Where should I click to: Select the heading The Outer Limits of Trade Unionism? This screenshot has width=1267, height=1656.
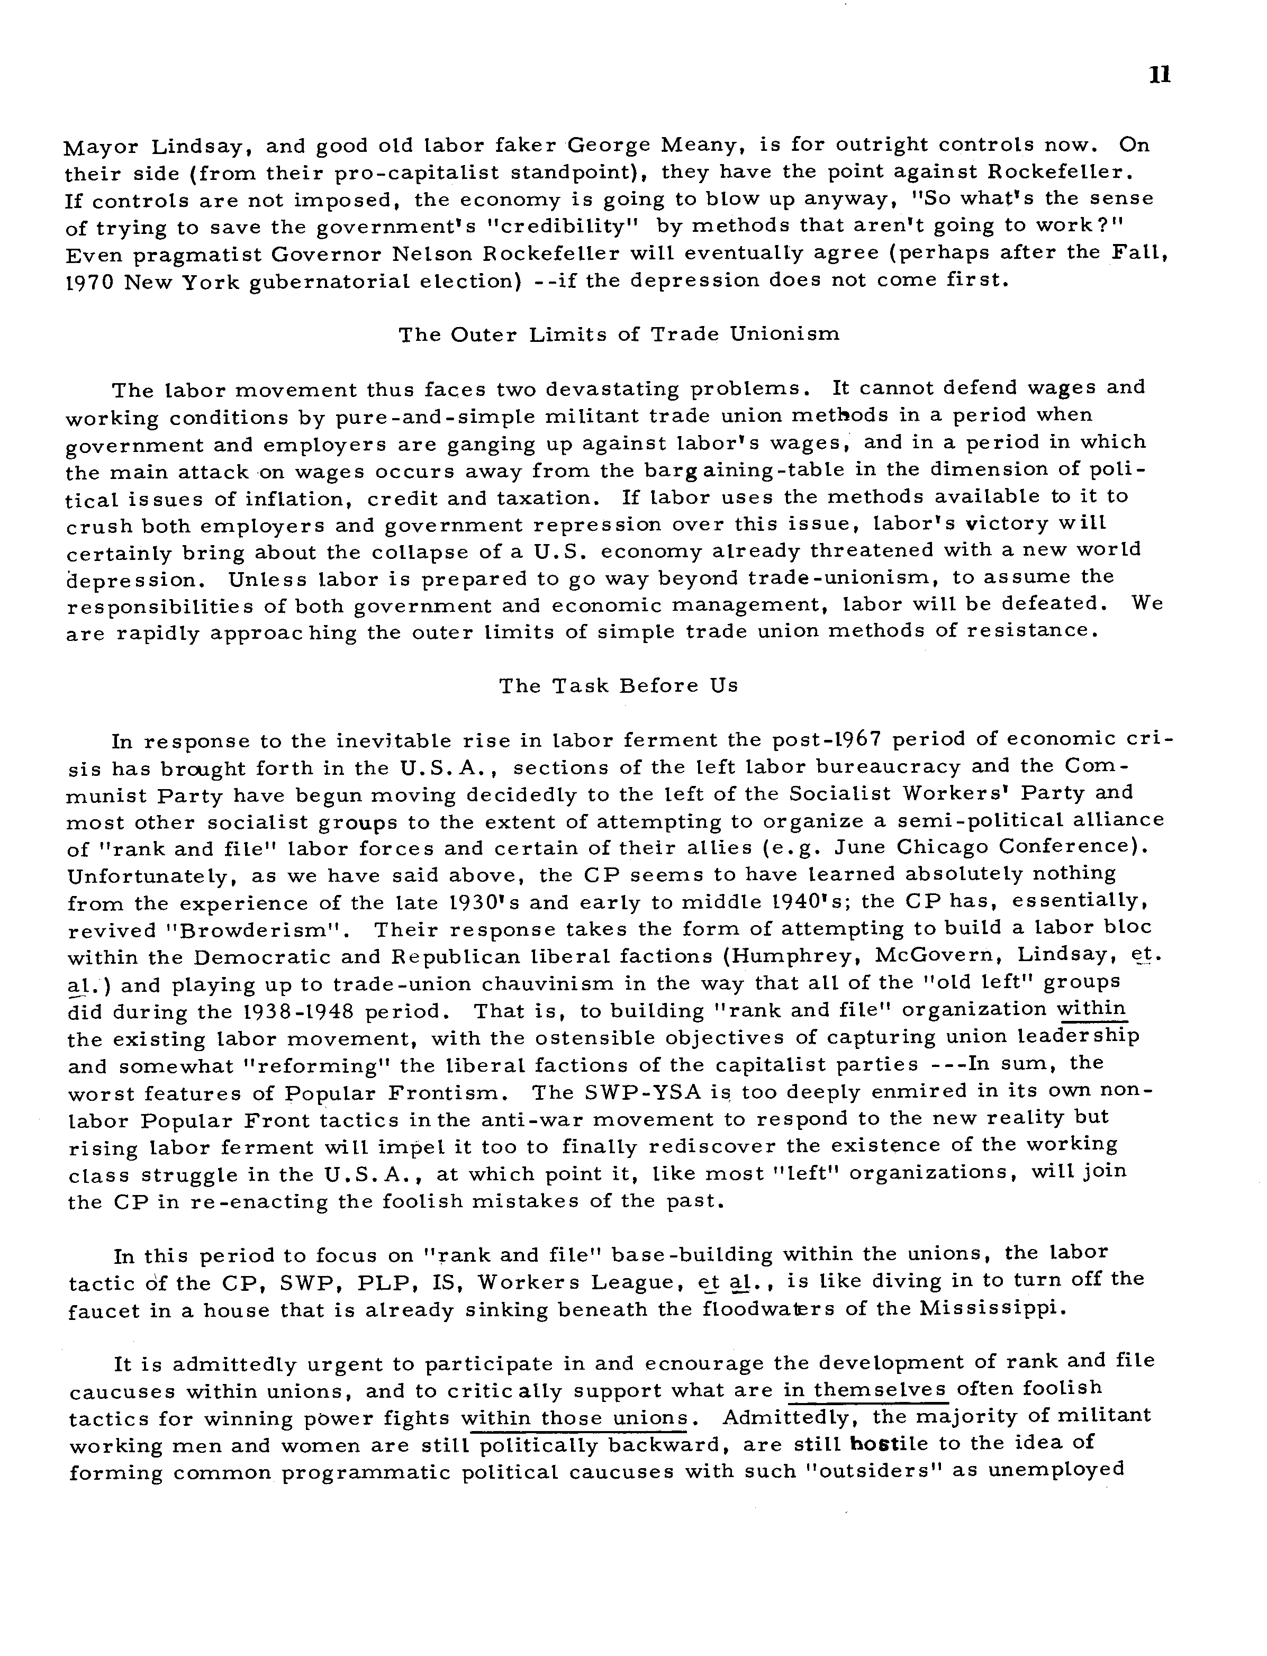[618, 335]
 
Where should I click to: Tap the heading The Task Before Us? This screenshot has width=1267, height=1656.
[618, 686]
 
